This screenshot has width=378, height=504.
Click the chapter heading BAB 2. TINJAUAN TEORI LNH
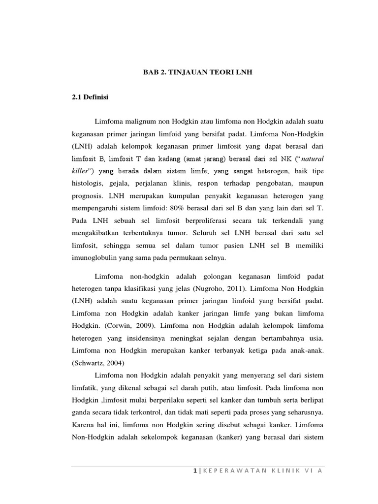[x=197, y=72]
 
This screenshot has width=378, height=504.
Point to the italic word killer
[x=80, y=170]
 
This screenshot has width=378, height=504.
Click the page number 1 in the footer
[x=195, y=471]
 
